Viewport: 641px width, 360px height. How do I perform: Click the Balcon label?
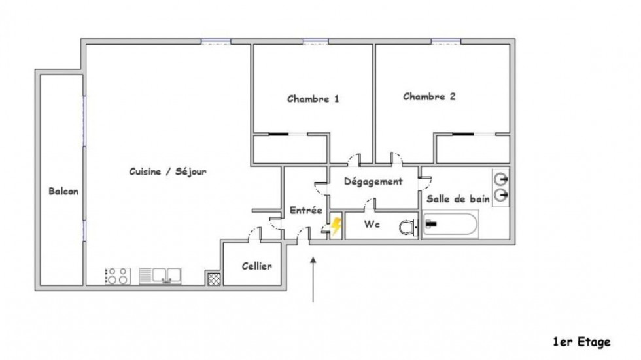coord(63,192)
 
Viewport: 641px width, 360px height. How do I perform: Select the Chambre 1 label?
coord(313,99)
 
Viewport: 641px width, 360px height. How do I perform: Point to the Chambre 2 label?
coord(429,96)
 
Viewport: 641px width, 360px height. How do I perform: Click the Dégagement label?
coord(373,181)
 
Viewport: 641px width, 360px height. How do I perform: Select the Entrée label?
coord(305,210)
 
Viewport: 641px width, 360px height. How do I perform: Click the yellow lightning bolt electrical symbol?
coord(336,226)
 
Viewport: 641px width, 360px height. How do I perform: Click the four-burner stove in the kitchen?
coord(117,276)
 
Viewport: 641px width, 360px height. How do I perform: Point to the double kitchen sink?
coord(161,276)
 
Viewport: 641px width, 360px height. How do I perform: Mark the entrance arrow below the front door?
coord(314,278)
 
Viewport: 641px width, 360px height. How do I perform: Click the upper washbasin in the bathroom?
coord(502,178)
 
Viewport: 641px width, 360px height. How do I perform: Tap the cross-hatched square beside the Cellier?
coord(213,278)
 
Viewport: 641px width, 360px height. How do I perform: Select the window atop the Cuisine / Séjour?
coord(216,42)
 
